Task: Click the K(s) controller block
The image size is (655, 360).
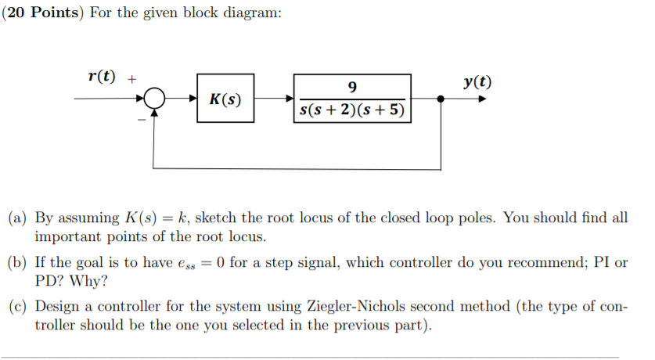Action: pyautogui.click(x=225, y=99)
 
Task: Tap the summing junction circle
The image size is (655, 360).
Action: pyautogui.click(x=155, y=99)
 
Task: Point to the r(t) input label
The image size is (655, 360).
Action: pyautogui.click(x=102, y=77)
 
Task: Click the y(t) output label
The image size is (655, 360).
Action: pyautogui.click(x=477, y=82)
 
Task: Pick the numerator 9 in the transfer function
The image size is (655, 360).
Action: pyautogui.click(x=352, y=87)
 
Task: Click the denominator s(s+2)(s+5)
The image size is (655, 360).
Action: pyautogui.click(x=352, y=110)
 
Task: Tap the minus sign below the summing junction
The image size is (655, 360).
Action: pyautogui.click(x=142, y=121)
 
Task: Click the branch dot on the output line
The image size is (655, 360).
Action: pyautogui.click(x=441, y=99)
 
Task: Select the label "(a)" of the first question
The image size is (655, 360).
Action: pyautogui.click(x=18, y=218)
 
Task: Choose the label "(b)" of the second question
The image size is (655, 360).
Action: pyautogui.click(x=18, y=262)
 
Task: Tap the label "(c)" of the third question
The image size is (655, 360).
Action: pyautogui.click(x=18, y=307)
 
